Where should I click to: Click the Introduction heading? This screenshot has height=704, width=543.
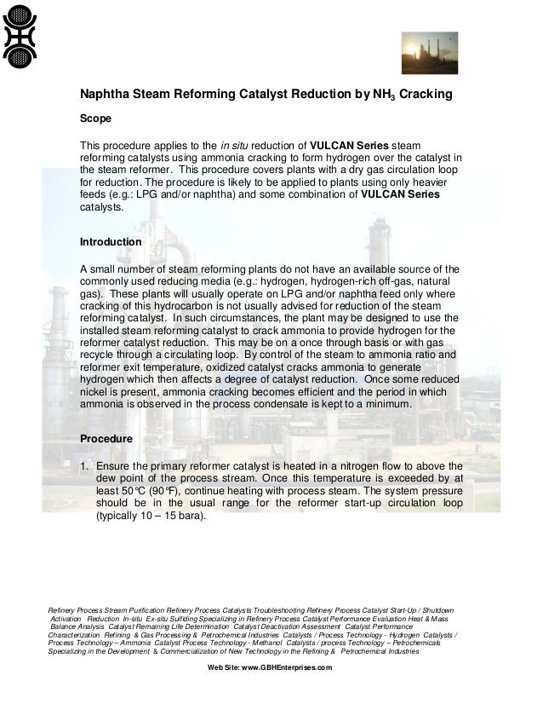pos(111,242)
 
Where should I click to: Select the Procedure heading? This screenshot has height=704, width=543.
pos(106,438)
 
